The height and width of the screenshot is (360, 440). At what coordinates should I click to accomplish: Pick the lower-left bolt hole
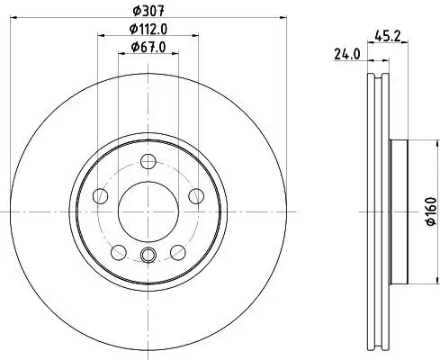click(x=119, y=251)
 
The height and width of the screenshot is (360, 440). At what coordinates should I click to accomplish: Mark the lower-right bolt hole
click(x=176, y=251)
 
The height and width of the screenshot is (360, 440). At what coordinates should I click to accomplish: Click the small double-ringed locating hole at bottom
click(x=148, y=255)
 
